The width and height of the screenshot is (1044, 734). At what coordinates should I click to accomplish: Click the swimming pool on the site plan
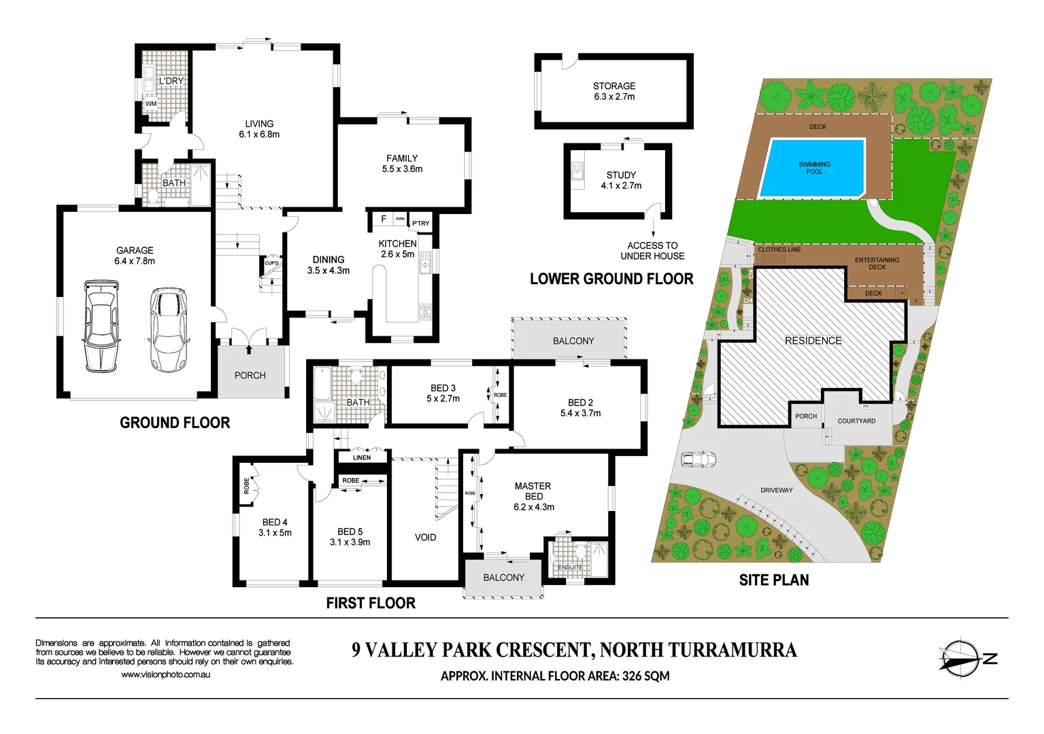(813, 168)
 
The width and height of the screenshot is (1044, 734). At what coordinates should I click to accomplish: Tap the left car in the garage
(101, 326)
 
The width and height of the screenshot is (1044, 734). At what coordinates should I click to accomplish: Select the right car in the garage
(167, 330)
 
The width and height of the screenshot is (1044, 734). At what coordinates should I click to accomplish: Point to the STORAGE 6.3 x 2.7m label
(614, 91)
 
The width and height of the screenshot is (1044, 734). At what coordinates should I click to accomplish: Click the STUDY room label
(621, 175)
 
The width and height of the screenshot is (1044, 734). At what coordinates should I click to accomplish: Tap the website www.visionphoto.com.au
(165, 675)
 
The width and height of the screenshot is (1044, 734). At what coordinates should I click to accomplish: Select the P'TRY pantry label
(420, 224)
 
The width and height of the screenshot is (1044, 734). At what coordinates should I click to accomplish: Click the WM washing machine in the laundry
(151, 104)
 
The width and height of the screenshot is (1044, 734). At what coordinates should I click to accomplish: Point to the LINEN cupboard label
(362, 457)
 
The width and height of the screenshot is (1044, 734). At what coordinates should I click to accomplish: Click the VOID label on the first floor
(425, 538)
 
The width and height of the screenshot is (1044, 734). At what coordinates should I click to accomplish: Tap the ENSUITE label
(570, 567)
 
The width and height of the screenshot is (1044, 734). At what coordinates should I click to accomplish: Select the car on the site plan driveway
(698, 459)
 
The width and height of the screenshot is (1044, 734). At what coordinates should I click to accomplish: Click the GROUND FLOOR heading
(175, 423)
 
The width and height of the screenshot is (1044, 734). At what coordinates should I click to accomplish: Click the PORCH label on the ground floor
(250, 375)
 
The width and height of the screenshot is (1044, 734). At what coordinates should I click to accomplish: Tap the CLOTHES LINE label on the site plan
(779, 249)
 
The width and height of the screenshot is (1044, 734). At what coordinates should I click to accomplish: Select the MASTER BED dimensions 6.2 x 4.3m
(533, 507)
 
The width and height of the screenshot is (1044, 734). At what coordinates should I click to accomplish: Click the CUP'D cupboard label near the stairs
(271, 263)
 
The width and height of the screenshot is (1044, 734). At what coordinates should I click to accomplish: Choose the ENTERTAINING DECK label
(877, 264)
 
